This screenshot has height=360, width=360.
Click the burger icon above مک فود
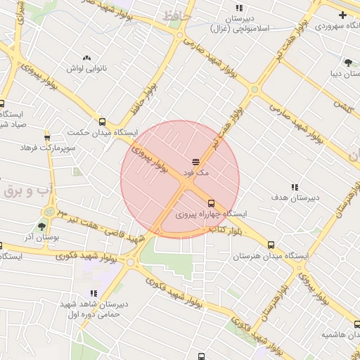[x=195, y=162]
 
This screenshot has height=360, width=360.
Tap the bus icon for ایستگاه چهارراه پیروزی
[x=211, y=203]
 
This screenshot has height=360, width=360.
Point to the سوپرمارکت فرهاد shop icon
[x=47, y=136]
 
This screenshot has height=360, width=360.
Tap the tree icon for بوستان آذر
[x=41, y=226]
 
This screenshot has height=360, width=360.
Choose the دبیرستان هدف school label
[x=295, y=198]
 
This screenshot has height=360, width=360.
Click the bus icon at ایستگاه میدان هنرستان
[x=271, y=245]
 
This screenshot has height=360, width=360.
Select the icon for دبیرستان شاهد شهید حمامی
[x=93, y=293]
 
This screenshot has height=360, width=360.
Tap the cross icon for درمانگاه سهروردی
[x=342, y=15]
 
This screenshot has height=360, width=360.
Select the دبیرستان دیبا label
[x=343, y=72]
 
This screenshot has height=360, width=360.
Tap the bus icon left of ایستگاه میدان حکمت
[x=103, y=121]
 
